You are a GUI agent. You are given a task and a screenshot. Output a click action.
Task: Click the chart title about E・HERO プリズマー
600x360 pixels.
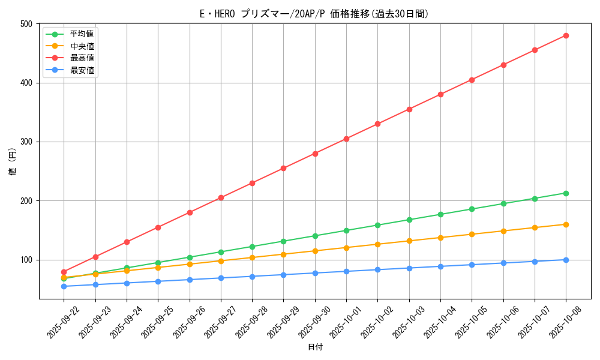click(314, 14)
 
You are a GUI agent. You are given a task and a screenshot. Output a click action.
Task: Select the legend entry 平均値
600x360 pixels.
click(82, 34)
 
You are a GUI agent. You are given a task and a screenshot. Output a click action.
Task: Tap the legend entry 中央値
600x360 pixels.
click(82, 46)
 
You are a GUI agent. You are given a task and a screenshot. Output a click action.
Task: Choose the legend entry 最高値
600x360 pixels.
click(82, 58)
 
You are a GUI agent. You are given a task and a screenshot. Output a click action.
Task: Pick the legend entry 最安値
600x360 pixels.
click(82, 70)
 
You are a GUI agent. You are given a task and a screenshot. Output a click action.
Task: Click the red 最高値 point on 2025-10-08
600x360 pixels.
click(566, 35)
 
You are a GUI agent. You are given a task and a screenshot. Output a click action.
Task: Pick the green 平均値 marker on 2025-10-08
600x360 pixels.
click(566, 193)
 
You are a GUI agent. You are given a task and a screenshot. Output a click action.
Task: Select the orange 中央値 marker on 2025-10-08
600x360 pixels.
click(566, 224)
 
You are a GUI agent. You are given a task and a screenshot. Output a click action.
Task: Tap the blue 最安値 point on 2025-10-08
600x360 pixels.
click(566, 260)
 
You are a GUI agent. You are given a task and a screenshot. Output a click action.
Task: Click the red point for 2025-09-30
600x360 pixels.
click(315, 154)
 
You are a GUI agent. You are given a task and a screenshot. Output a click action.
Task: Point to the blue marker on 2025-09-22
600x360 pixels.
click(64, 286)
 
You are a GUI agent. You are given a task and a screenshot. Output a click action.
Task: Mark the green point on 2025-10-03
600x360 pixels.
click(409, 220)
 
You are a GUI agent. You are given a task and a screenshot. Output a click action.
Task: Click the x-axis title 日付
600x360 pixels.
click(315, 347)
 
